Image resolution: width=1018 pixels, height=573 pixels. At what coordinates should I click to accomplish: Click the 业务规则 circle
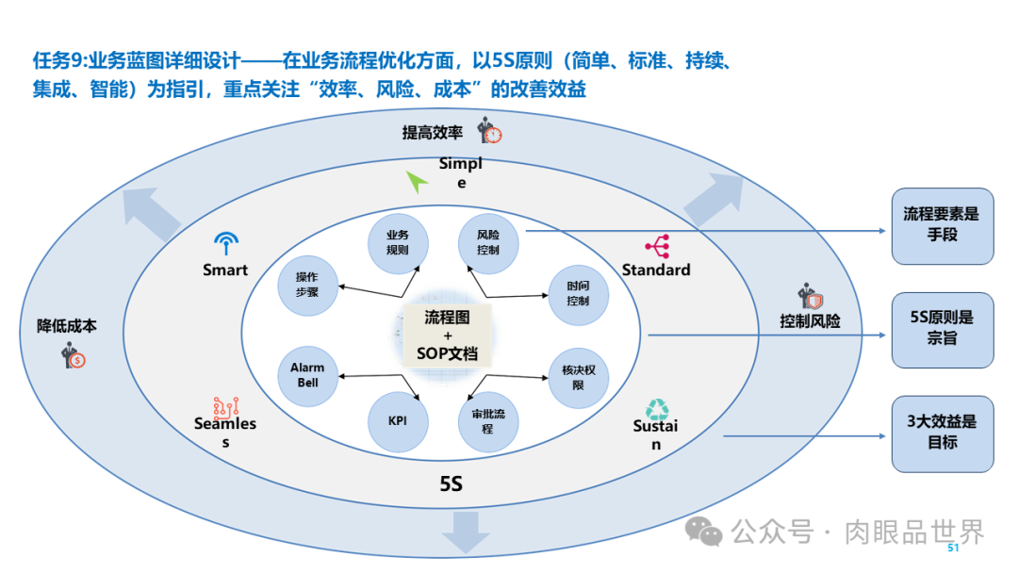[x=397, y=241]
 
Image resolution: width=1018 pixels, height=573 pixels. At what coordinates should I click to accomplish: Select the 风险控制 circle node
[x=488, y=241]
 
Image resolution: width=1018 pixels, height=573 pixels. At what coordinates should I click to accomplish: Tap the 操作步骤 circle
[x=307, y=285]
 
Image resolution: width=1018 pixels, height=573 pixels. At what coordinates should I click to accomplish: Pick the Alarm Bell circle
[x=307, y=374]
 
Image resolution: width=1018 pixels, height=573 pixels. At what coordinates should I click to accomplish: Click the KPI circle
[x=397, y=420]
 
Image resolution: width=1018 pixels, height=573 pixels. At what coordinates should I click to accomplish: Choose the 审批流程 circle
[x=488, y=420]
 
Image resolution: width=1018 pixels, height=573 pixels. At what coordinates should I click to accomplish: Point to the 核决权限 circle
[x=579, y=377]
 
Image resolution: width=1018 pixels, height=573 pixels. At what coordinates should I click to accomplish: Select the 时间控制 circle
[x=579, y=293]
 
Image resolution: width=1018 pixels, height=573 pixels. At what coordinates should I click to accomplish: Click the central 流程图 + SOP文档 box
[x=447, y=335]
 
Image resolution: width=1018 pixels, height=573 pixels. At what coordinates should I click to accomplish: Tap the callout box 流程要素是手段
[x=942, y=225]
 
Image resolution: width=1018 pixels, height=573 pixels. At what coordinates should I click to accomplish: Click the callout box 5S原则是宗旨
[x=942, y=329]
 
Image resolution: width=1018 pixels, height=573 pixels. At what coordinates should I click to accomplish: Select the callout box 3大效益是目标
[x=942, y=433]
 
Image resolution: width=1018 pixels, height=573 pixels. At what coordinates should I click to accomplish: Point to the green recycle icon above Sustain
[x=657, y=407]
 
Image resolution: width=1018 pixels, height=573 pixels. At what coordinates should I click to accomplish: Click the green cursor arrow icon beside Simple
[x=418, y=181]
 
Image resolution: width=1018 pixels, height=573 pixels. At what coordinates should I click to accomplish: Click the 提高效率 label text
[x=433, y=133]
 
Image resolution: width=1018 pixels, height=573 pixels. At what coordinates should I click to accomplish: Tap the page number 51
[x=953, y=548]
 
